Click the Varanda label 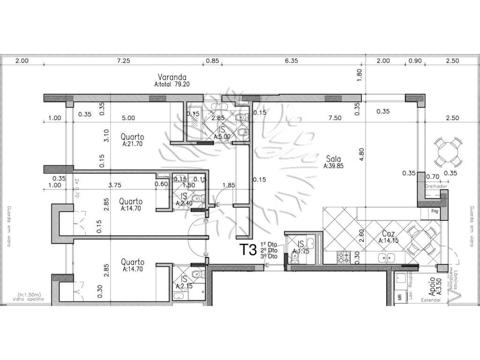click(x=172, y=77)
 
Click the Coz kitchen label click(x=388, y=234)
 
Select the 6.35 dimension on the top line click(x=292, y=61)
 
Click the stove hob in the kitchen click(x=343, y=256)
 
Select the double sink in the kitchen click(x=387, y=257)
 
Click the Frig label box click(x=435, y=212)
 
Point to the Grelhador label click(x=436, y=186)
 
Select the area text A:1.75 click(x=300, y=250)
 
